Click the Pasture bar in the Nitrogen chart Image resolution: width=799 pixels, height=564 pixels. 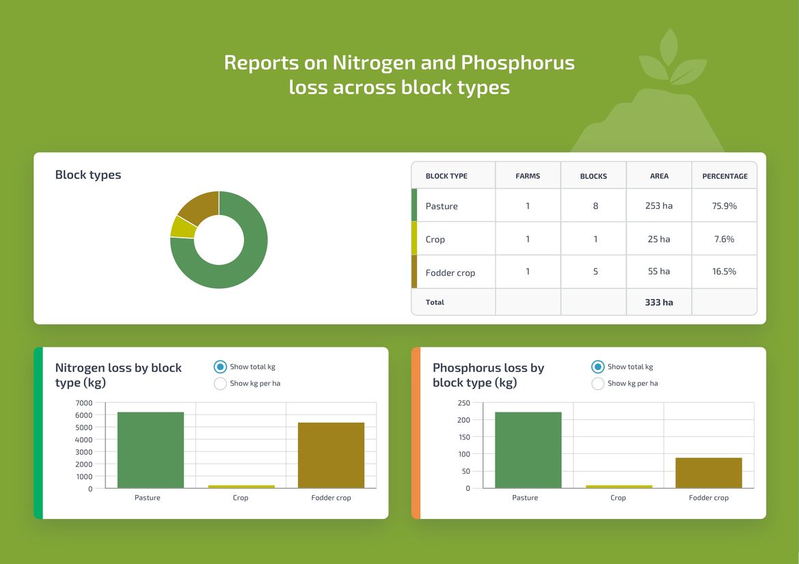[x=150, y=450]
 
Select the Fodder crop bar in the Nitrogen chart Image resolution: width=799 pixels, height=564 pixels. [x=331, y=455]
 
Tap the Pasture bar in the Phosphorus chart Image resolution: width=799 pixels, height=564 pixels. [x=528, y=450]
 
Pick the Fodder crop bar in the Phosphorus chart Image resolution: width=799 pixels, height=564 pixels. [x=708, y=473]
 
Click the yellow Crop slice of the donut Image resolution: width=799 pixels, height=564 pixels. [x=182, y=227]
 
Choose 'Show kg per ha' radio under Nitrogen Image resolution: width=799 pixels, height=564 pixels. [x=220, y=384]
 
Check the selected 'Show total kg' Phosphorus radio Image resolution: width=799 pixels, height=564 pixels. [x=597, y=367]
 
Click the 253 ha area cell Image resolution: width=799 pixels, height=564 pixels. [x=659, y=206]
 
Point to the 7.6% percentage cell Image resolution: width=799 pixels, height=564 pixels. [x=724, y=239]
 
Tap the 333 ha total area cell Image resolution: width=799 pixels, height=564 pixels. [x=659, y=302]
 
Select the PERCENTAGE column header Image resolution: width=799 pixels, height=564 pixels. [x=724, y=176]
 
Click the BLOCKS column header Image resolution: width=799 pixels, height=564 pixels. [x=593, y=176]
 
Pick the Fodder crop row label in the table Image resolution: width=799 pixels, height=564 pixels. [x=450, y=272]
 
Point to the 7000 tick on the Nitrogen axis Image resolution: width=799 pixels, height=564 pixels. [x=83, y=403]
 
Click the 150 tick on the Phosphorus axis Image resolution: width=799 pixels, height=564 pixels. [x=463, y=437]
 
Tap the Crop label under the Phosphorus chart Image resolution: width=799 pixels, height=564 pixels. [x=618, y=498]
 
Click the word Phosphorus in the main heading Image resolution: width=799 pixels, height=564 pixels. [x=517, y=63]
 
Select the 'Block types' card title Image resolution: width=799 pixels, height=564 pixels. [x=88, y=175]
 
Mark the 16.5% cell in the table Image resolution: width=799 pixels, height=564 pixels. [x=724, y=271]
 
